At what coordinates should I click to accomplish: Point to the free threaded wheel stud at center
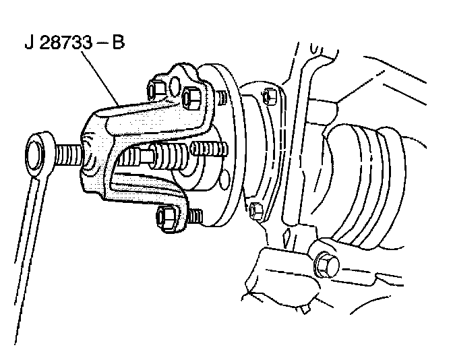[x=203, y=148]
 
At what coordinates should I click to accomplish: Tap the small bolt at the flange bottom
[x=254, y=210]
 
